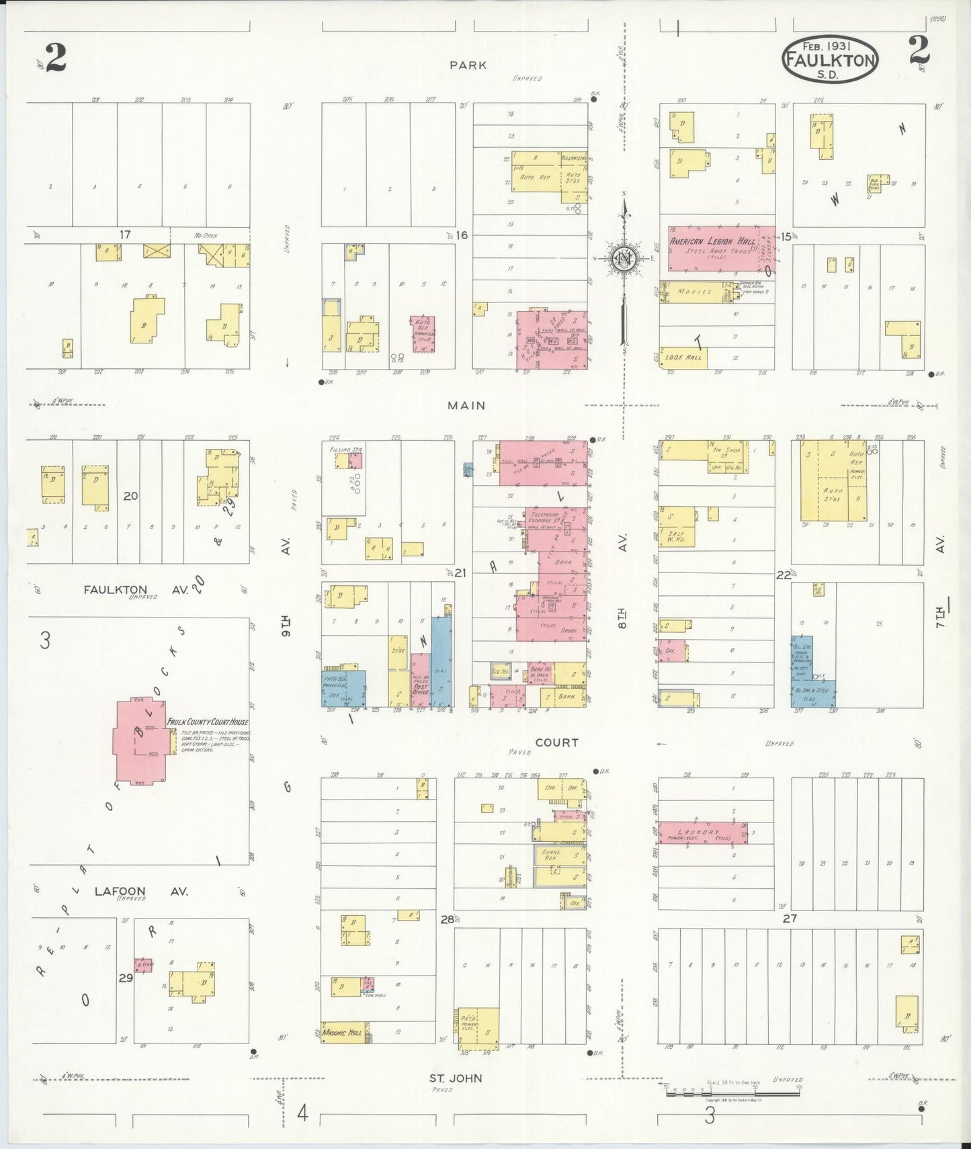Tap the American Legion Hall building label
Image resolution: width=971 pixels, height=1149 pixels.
pyautogui.click(x=712, y=241)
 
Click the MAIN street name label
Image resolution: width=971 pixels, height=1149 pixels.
pyautogui.click(x=466, y=405)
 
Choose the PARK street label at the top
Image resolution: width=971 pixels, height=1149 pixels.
pyautogui.click(x=468, y=65)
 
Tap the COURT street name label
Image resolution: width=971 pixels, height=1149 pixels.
pyautogui.click(x=556, y=742)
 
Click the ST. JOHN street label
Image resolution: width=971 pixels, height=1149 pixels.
pyautogui.click(x=456, y=1078)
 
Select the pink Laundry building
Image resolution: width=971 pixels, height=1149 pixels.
pyautogui.click(x=703, y=833)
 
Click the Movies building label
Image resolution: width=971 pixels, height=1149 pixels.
pyautogui.click(x=694, y=292)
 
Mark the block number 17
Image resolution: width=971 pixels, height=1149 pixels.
pyautogui.click(x=125, y=235)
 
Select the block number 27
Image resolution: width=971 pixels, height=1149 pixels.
pyautogui.click(x=790, y=918)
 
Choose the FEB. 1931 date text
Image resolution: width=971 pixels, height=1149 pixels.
pyautogui.click(x=827, y=46)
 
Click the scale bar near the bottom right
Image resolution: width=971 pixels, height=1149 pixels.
pyautogui.click(x=732, y=1094)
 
